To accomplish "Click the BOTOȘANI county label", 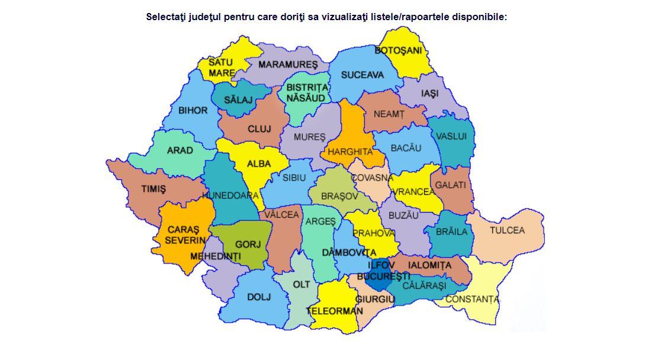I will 398,51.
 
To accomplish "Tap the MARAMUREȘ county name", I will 288,64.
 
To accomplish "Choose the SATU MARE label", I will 222,67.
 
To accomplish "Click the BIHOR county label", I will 193,110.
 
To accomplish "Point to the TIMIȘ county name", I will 153,189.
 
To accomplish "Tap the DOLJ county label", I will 258,296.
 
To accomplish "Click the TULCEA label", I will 507,230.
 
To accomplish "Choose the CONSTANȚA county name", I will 472,300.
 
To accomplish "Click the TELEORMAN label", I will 335,311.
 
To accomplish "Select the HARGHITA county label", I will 350,152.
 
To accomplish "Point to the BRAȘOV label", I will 339,195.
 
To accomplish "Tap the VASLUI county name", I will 451,136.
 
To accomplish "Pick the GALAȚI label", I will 451,185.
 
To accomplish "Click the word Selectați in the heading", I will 167,17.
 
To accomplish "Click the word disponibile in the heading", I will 479,17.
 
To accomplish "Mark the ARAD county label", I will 179,150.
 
